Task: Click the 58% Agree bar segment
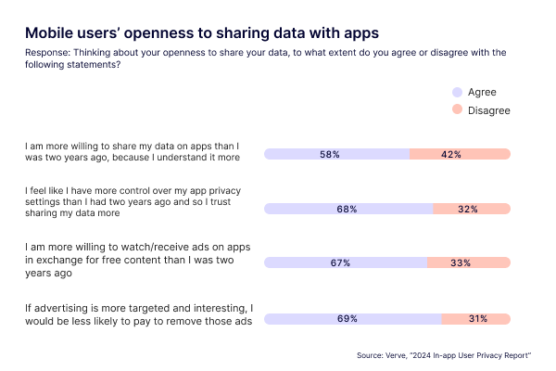click(x=336, y=154)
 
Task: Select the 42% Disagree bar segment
click(x=461, y=154)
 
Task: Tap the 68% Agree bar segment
click(x=348, y=209)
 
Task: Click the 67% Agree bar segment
click(x=346, y=263)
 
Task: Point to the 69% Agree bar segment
click(x=352, y=319)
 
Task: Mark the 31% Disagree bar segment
click(x=476, y=319)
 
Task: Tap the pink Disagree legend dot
click(x=456, y=110)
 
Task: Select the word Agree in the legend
click(x=483, y=92)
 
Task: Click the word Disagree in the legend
click(x=489, y=110)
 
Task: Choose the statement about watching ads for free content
click(x=133, y=255)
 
